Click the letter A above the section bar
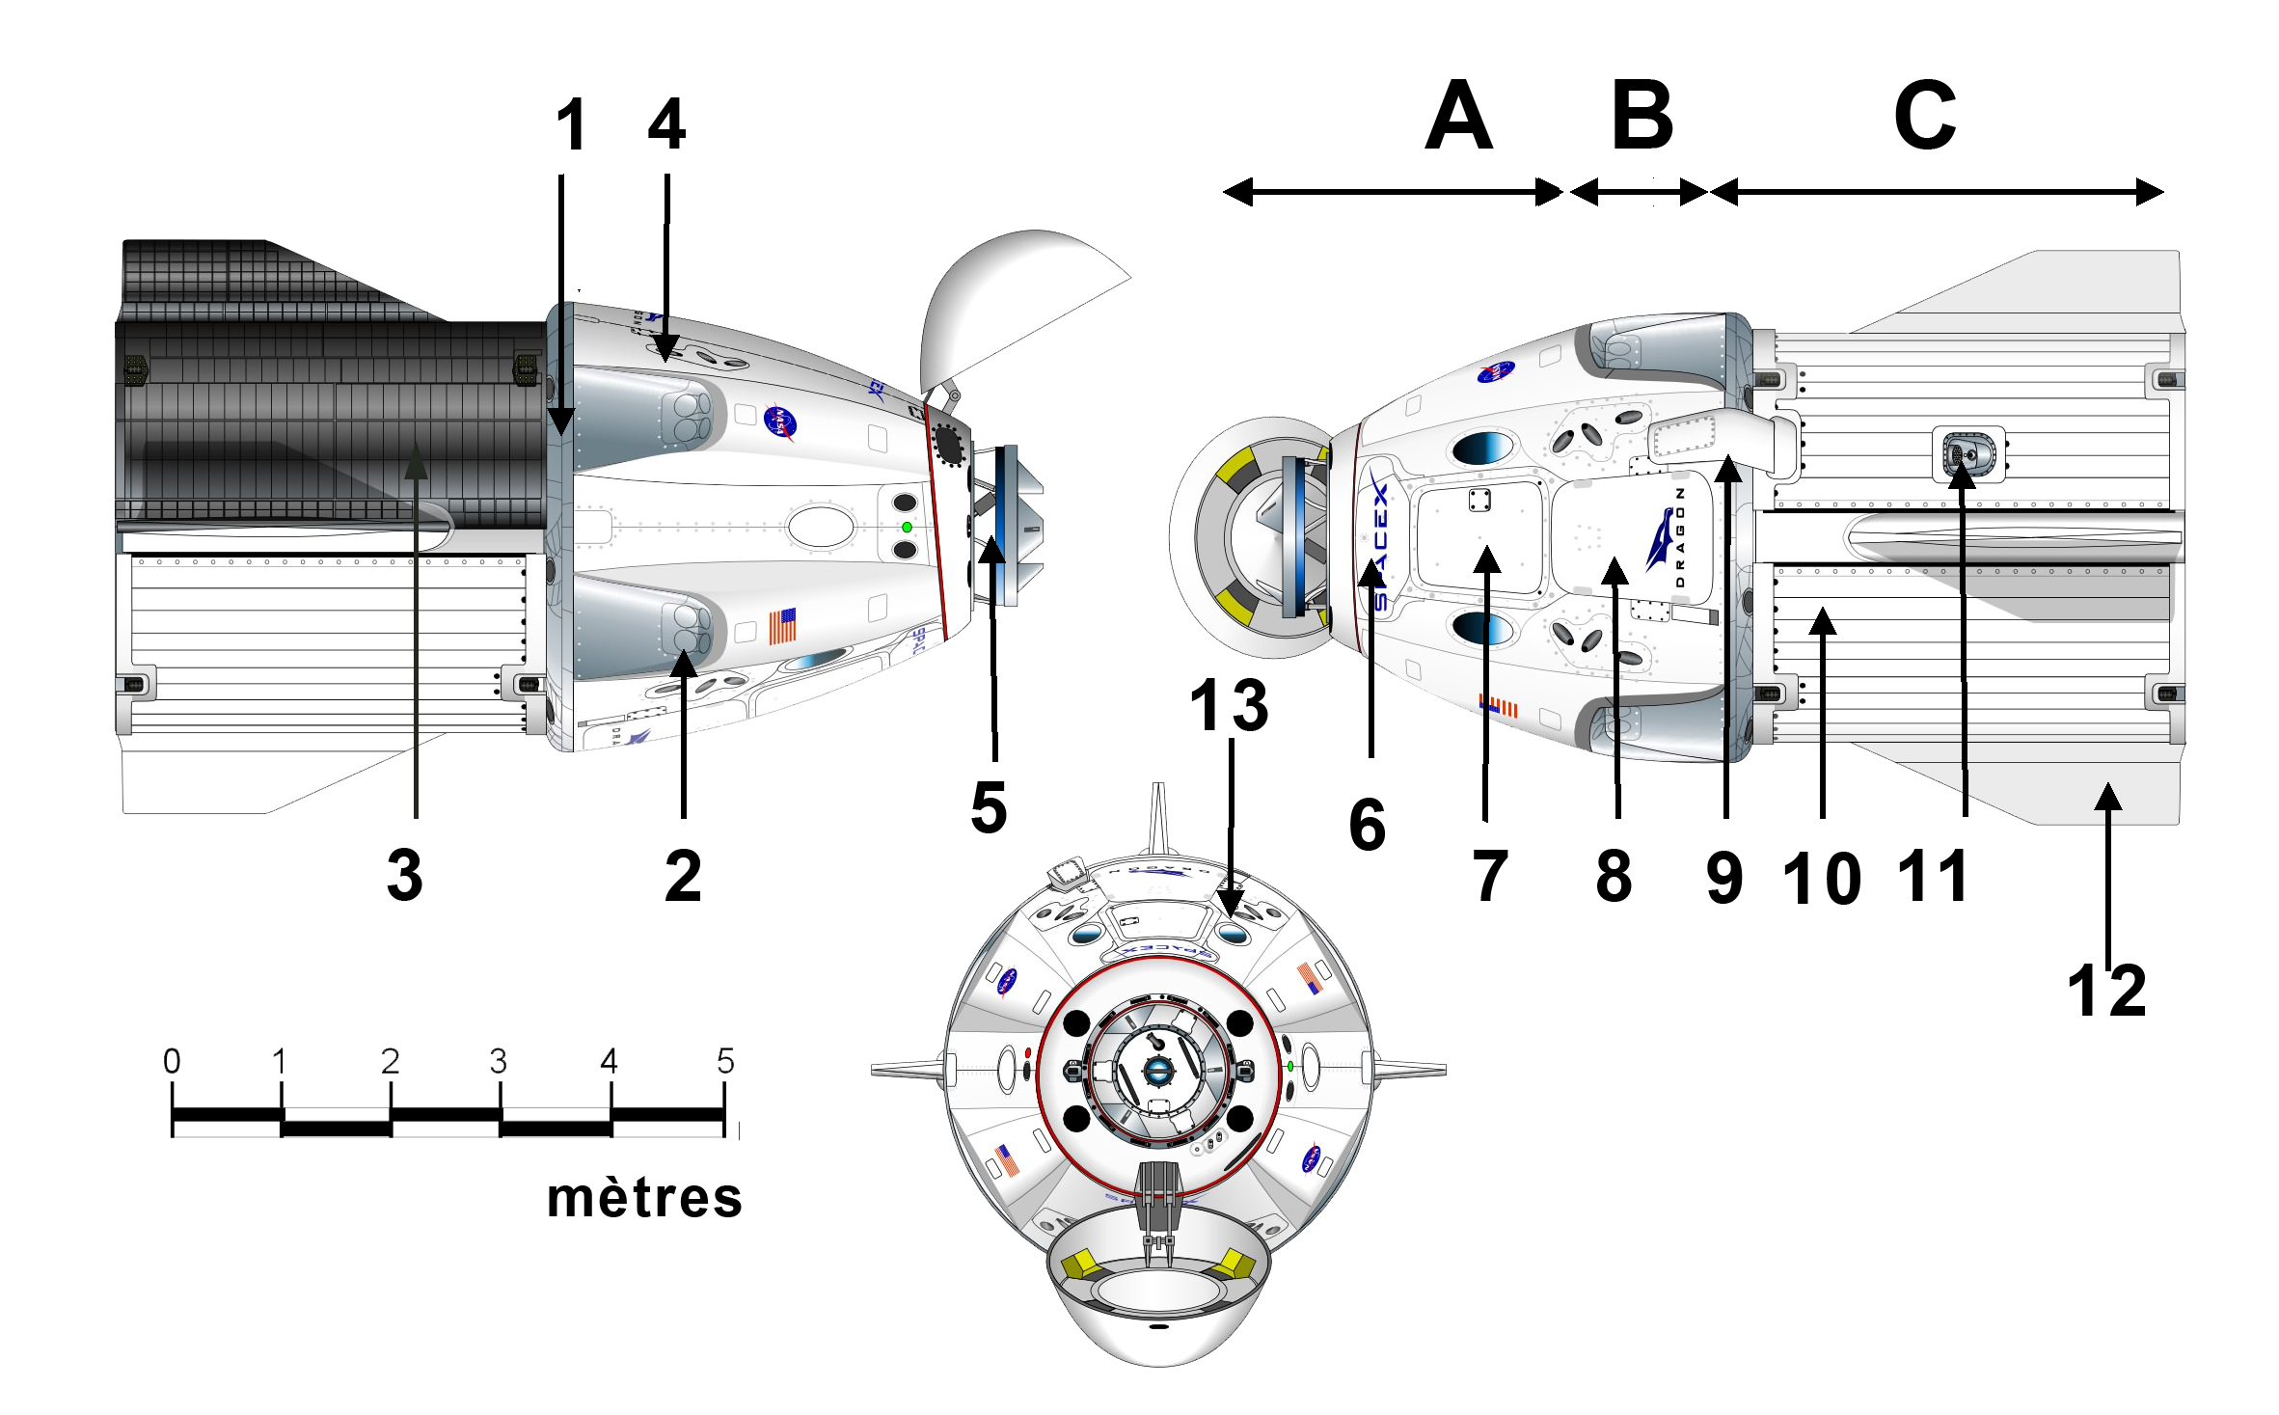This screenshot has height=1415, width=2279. [1458, 116]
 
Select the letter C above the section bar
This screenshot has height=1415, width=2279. [1925, 116]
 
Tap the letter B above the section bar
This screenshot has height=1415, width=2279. [1643, 116]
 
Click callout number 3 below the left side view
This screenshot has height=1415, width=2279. [405, 874]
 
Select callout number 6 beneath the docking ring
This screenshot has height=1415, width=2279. [1368, 825]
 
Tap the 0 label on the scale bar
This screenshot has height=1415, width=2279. [172, 1062]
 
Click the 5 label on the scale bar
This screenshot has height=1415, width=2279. [725, 1062]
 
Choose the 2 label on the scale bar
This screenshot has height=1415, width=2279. [390, 1062]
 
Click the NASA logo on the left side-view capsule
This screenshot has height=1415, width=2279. [779, 422]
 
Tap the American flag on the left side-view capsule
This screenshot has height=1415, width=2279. [783, 626]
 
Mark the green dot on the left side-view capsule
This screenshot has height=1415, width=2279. [907, 528]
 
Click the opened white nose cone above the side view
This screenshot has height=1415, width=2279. [1013, 299]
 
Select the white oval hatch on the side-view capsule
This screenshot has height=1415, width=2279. [821, 527]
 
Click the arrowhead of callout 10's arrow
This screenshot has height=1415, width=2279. [1822, 620]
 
